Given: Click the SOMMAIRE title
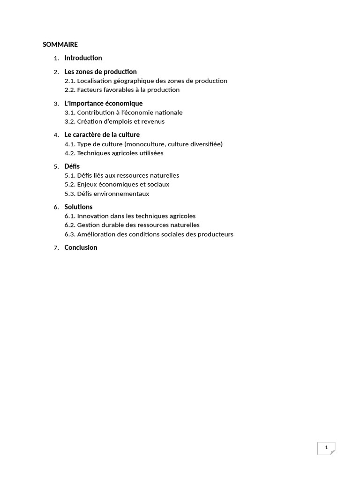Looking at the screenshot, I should click(x=60, y=45).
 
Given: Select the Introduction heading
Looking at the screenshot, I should click(x=83, y=58).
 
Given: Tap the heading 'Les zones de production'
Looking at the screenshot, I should click(x=100, y=72).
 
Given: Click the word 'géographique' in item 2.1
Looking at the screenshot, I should click(x=127, y=81).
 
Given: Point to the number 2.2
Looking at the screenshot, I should click(x=70, y=90).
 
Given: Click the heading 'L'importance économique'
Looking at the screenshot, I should click(x=103, y=103).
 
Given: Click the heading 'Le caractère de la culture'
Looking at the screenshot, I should click(x=102, y=135).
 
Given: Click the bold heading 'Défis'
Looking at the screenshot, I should click(x=72, y=166).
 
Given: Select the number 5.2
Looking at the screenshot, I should click(x=70, y=184).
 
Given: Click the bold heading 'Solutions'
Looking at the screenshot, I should click(x=78, y=207).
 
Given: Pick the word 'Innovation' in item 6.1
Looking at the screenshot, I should click(x=93, y=216).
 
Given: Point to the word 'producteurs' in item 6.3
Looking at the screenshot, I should click(x=215, y=234).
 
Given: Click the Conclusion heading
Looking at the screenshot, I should click(x=81, y=247).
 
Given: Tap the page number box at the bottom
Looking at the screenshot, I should click(x=326, y=448).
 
